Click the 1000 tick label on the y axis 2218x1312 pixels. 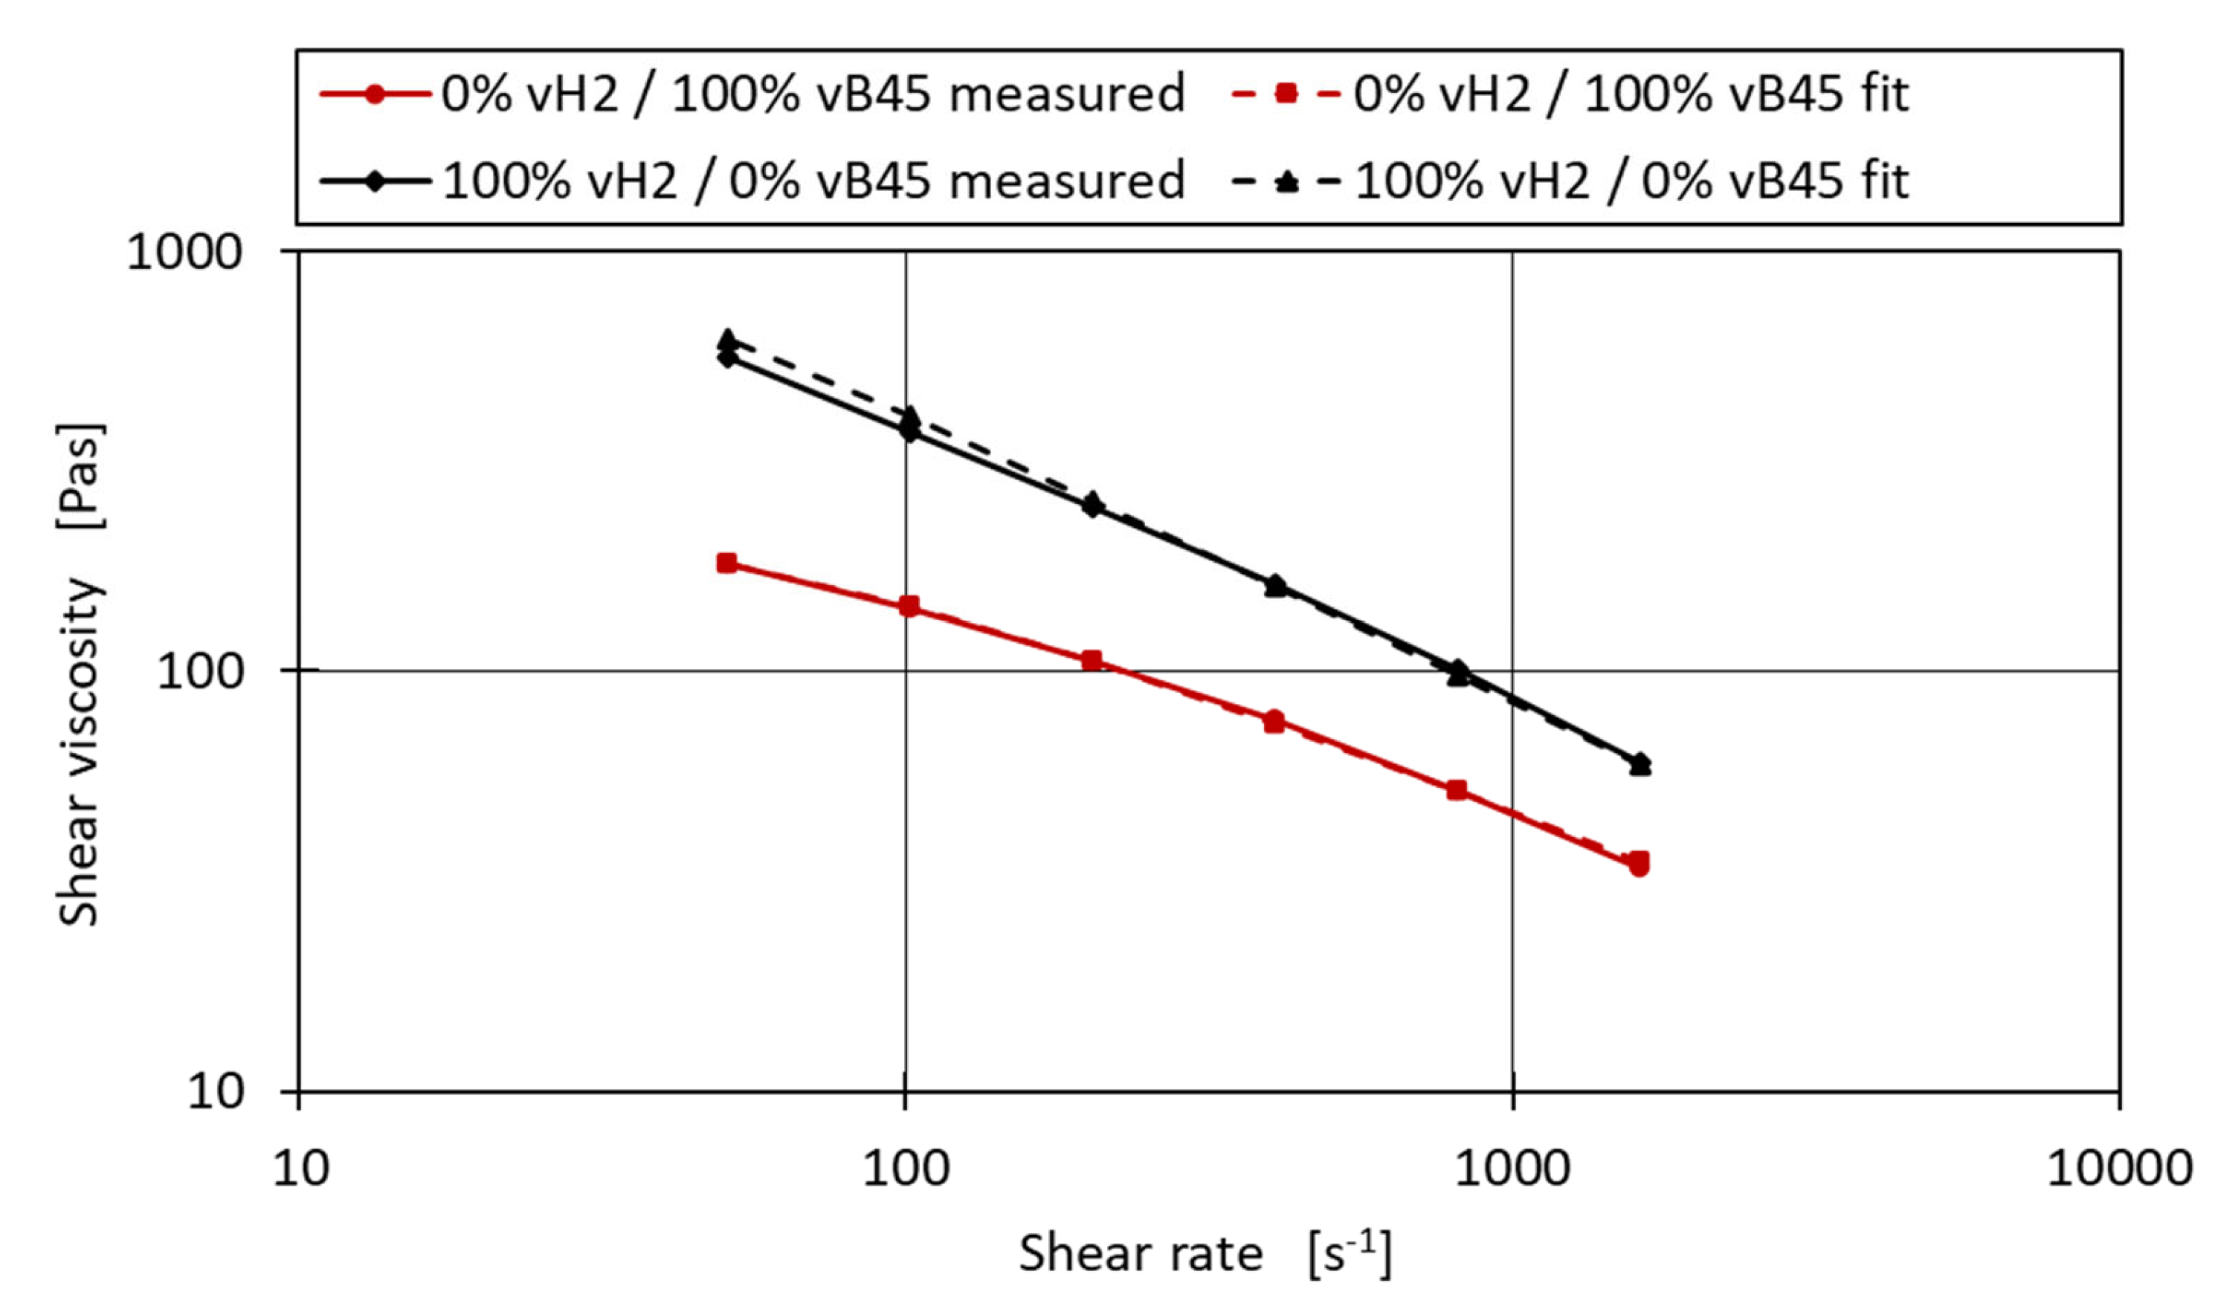pyautogui.click(x=184, y=253)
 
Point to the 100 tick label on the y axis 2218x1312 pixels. pyautogui.click(x=200, y=672)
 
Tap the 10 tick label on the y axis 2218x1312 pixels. pyautogui.click(x=215, y=1092)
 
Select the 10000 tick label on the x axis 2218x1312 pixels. pyautogui.click(x=2119, y=1168)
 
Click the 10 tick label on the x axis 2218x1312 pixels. pyautogui.click(x=300, y=1168)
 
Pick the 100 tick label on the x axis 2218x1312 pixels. pyautogui.click(x=906, y=1168)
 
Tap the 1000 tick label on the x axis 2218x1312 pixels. pyautogui.click(x=1512, y=1168)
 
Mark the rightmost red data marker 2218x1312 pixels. pyautogui.click(x=1639, y=864)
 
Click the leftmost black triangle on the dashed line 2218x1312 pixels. pyautogui.click(x=728, y=340)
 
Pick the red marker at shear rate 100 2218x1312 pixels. pyautogui.click(x=909, y=607)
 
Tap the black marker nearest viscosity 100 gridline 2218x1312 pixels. pyautogui.click(x=1458, y=673)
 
